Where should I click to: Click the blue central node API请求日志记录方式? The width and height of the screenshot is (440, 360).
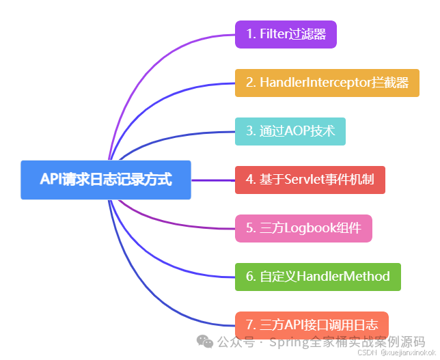106,180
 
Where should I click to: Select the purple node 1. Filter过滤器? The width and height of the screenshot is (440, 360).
286,34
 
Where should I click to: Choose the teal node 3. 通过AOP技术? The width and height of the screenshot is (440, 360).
290,131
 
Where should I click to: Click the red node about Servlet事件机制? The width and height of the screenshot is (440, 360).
310,180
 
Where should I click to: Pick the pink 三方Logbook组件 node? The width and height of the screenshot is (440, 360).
303,228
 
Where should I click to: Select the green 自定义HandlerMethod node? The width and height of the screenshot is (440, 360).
318,277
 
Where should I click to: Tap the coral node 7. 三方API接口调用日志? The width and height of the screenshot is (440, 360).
312,325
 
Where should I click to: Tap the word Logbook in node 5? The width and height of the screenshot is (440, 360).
306,228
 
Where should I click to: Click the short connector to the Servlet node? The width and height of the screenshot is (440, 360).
213,180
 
